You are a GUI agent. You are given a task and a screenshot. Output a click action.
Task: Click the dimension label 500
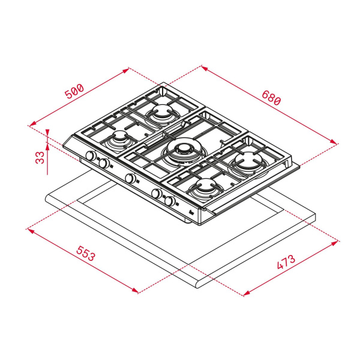point(75,92)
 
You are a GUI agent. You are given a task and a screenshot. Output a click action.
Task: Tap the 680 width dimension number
point(270,99)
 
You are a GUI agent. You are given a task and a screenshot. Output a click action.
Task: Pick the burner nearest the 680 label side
point(248,161)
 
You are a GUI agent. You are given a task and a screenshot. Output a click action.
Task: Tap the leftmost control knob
point(91,157)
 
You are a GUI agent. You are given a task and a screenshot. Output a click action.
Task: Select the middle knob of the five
point(130,178)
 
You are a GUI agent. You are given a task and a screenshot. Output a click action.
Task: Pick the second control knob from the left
point(103,163)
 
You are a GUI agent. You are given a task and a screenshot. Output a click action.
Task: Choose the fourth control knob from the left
point(157,194)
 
